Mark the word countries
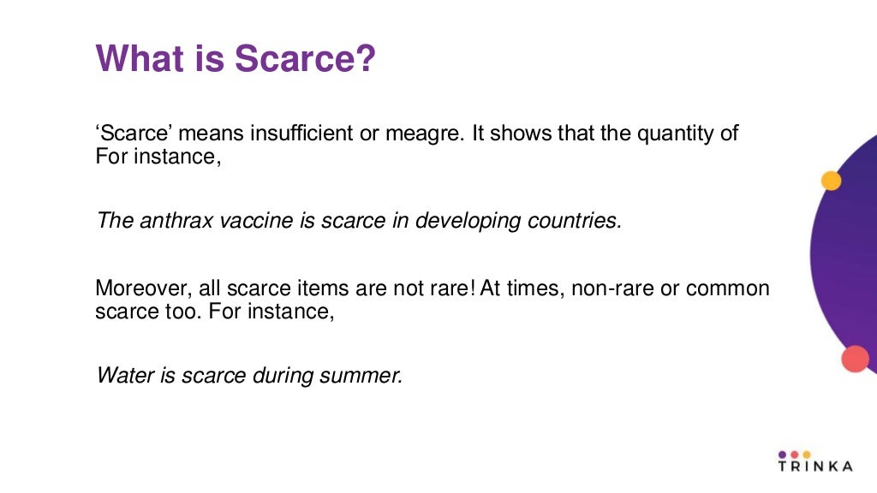(x=575, y=221)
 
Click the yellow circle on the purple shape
(x=831, y=181)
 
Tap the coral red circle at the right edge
(x=855, y=359)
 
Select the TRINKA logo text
(x=814, y=466)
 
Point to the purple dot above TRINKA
(x=783, y=454)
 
